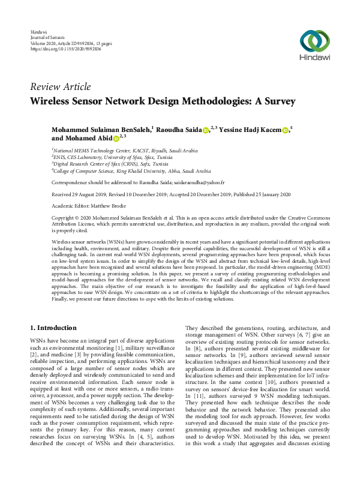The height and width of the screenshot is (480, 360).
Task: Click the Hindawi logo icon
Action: (314, 41)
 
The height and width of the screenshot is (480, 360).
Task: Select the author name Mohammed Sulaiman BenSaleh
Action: (101, 129)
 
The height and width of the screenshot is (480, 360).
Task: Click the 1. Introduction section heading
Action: (53, 328)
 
